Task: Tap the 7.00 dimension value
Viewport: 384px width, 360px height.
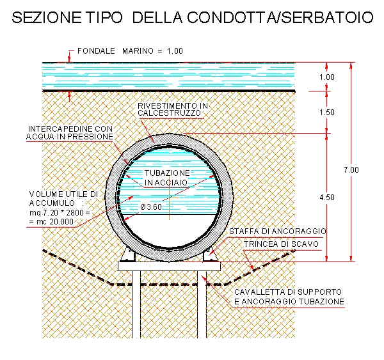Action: [351, 169]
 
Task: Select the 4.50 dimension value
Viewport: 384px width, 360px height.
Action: [326, 198]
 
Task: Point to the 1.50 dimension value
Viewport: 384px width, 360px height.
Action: [326, 113]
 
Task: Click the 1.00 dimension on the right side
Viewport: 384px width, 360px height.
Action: [326, 77]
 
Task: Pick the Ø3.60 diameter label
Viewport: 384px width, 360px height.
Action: [152, 207]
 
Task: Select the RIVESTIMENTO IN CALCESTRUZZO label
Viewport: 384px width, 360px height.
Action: [172, 109]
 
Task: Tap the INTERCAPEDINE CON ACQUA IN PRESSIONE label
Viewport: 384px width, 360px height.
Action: [70, 132]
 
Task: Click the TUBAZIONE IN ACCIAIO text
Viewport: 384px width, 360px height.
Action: [166, 178]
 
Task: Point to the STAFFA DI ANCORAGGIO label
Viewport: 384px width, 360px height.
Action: [278, 230]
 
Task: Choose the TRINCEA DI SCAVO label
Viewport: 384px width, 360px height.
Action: [281, 244]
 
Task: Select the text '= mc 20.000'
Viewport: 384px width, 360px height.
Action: [52, 221]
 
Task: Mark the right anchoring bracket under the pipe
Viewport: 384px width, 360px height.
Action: [209, 255]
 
